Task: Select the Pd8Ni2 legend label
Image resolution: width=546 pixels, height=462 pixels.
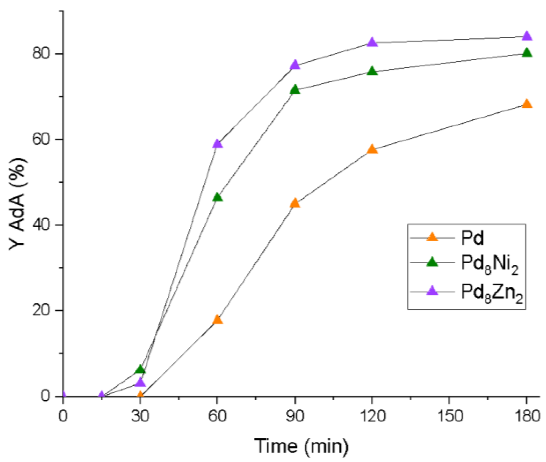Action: (x=489, y=264)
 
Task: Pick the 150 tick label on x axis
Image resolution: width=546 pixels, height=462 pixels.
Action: (x=449, y=416)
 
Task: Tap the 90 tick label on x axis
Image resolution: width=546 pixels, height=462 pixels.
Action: (x=295, y=416)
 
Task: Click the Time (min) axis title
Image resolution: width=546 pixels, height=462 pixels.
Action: (x=301, y=446)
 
